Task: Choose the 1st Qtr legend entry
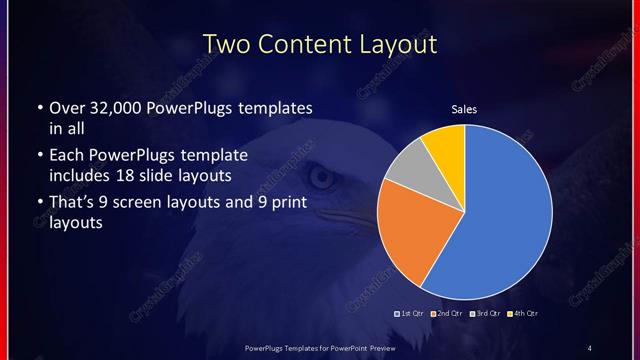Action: [x=411, y=314]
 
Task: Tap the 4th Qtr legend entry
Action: [x=521, y=314]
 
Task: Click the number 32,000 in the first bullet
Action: [x=111, y=107]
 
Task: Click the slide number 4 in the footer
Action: [x=589, y=347]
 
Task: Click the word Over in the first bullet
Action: [x=66, y=107]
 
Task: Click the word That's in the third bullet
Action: [x=73, y=204]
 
